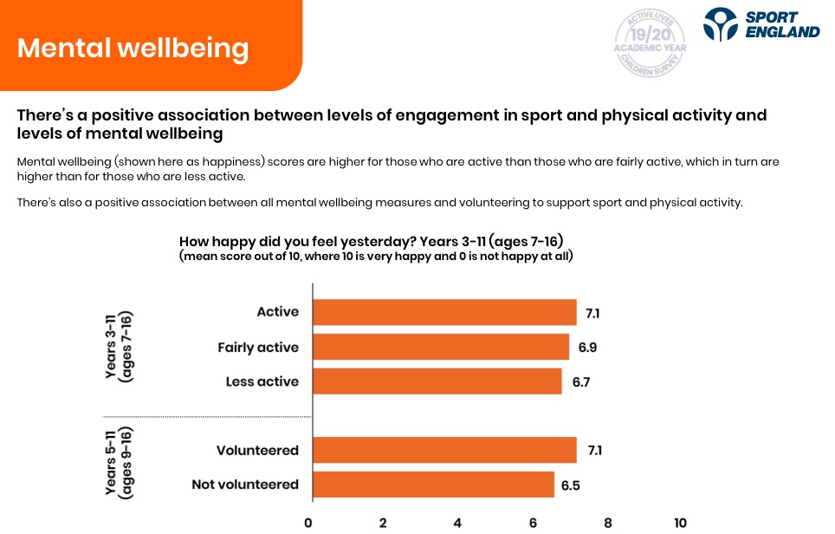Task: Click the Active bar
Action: (x=443, y=312)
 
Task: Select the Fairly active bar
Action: (x=440, y=347)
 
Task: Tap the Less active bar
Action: (x=437, y=381)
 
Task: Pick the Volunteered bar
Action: (x=443, y=450)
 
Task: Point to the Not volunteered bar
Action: (x=432, y=485)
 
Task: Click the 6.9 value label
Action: (x=588, y=348)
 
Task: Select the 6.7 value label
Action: (x=580, y=381)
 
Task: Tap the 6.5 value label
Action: (x=571, y=485)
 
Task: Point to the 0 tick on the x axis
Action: (x=308, y=523)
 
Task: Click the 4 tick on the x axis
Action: (x=457, y=523)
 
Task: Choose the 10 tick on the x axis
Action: (x=680, y=523)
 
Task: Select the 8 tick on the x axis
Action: (x=607, y=523)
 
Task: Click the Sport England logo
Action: (x=761, y=24)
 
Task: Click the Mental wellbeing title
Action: (x=133, y=47)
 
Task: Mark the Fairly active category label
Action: (x=258, y=348)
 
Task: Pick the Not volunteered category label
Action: (x=245, y=485)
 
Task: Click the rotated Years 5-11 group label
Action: (x=118, y=462)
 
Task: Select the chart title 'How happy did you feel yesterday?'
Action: (x=377, y=241)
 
